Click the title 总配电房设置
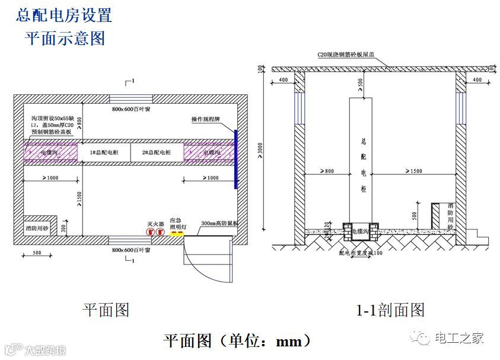click(x=64, y=15)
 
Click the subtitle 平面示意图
click(x=65, y=39)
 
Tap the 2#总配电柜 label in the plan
click(x=157, y=152)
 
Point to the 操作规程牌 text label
click(x=206, y=120)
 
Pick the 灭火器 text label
click(x=155, y=224)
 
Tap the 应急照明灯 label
click(x=179, y=223)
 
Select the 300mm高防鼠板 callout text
click(x=219, y=224)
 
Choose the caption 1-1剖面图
click(x=390, y=310)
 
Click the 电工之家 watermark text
click(x=460, y=338)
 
